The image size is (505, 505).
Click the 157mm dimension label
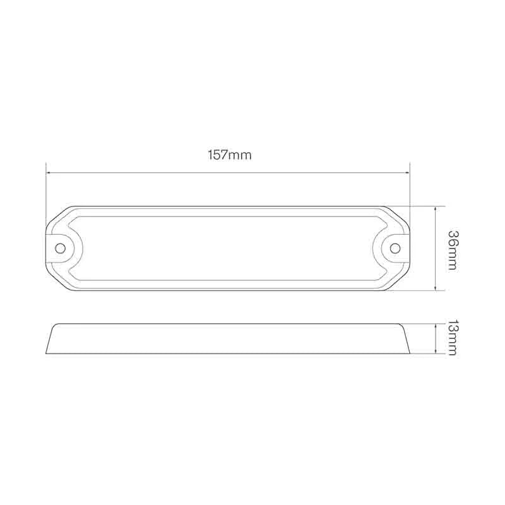click(x=229, y=155)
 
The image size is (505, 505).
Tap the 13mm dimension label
click(x=453, y=338)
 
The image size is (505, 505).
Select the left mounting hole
click(x=61, y=247)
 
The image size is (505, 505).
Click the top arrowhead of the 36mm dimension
click(x=436, y=208)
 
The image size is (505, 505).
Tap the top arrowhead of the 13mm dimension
click(x=436, y=326)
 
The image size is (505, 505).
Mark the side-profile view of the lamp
click(x=228, y=338)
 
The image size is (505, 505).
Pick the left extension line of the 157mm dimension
click(x=46, y=189)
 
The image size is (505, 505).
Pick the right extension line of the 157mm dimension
click(x=410, y=189)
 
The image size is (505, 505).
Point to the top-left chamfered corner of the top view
click(x=57, y=216)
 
